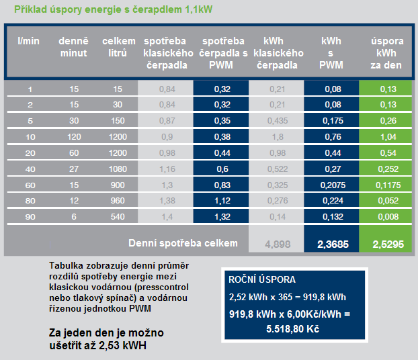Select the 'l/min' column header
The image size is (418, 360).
pyautogui.click(x=29, y=42)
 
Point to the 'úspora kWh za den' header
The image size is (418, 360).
pyautogui.click(x=387, y=53)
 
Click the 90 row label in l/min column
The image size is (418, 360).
pyautogui.click(x=30, y=217)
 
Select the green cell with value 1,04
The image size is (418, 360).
pyautogui.click(x=387, y=137)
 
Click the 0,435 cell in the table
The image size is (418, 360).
pyautogui.click(x=277, y=121)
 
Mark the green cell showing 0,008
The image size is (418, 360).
pyautogui.click(x=387, y=217)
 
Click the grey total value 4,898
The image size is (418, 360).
pyautogui.click(x=276, y=244)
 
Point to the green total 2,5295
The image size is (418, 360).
pyautogui.click(x=387, y=244)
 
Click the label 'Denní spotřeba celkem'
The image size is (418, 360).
pyautogui.click(x=182, y=242)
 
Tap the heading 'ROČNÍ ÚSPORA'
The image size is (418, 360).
pyautogui.click(x=261, y=279)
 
